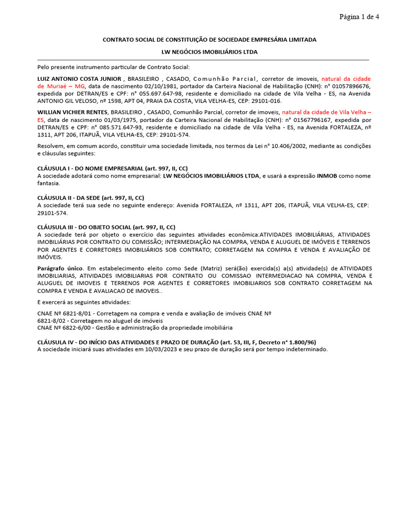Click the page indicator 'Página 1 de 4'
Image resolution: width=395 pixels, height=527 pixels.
359,17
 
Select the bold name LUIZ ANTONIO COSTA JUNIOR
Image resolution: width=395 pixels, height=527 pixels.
79,79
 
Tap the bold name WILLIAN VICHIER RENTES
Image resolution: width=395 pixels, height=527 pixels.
73,112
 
